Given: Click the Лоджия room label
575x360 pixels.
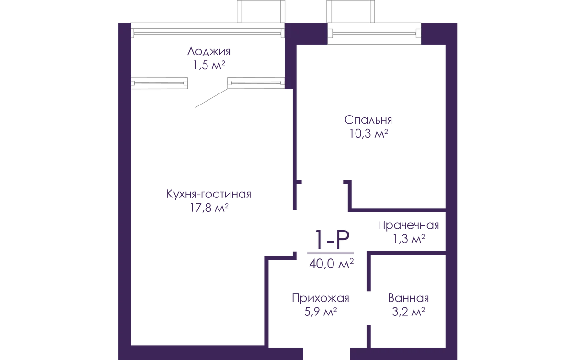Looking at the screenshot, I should [209, 51].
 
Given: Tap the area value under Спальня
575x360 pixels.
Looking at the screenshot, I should [368, 134].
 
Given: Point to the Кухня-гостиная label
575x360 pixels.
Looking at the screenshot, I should [208, 194].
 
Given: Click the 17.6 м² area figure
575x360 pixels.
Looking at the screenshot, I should [208, 208].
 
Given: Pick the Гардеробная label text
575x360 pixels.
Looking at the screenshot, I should [408, 225].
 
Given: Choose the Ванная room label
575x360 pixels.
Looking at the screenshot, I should [408, 298].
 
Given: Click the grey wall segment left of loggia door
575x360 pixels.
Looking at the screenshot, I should [161, 82].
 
